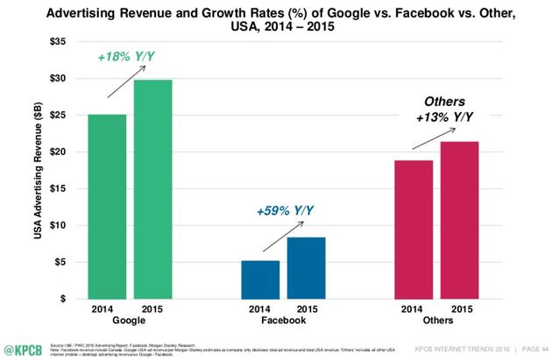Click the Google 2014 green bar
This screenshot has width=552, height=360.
108,207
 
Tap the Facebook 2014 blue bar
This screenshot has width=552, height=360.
260,279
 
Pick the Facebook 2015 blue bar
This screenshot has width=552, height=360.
306,268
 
